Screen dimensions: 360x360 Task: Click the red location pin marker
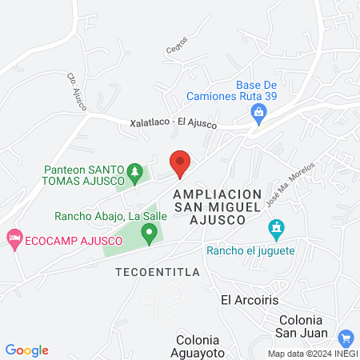[x=180, y=162]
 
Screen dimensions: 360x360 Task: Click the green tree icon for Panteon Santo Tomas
[x=135, y=170]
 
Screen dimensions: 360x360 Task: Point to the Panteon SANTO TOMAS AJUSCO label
[x=84, y=176]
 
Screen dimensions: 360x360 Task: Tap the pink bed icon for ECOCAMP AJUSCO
[x=13, y=238]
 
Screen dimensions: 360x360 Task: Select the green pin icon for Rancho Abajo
[x=148, y=233]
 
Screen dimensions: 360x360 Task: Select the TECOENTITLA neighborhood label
[x=151, y=270]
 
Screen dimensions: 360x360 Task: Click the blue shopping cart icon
[x=346, y=338]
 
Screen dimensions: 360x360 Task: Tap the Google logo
[x=26, y=350]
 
